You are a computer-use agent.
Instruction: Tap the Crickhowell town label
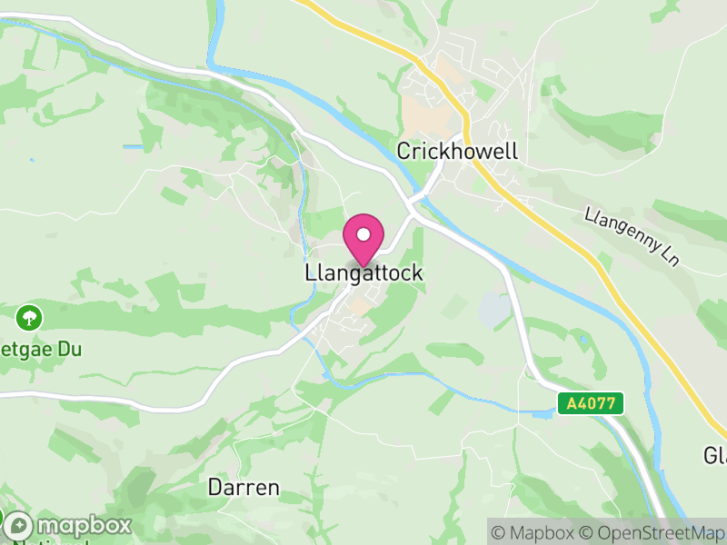(457, 151)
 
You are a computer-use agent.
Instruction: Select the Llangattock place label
(363, 272)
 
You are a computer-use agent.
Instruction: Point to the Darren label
(244, 487)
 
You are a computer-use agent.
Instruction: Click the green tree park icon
(30, 317)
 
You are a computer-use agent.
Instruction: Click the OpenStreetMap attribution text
(651, 531)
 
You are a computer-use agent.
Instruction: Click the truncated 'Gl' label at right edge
(715, 453)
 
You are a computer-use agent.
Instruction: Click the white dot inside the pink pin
(363, 234)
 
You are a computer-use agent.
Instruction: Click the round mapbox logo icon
(17, 525)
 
